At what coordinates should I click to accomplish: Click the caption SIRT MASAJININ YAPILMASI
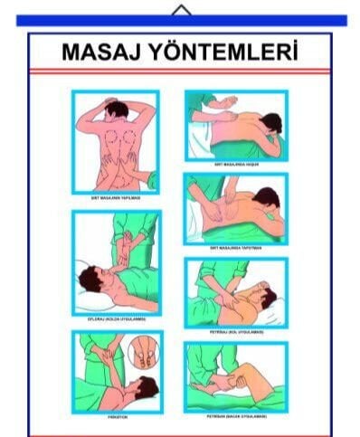click(116, 196)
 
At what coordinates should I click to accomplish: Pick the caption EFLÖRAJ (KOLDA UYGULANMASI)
click(116, 318)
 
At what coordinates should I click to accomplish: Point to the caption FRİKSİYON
click(116, 417)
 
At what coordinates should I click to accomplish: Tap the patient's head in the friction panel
click(145, 389)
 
